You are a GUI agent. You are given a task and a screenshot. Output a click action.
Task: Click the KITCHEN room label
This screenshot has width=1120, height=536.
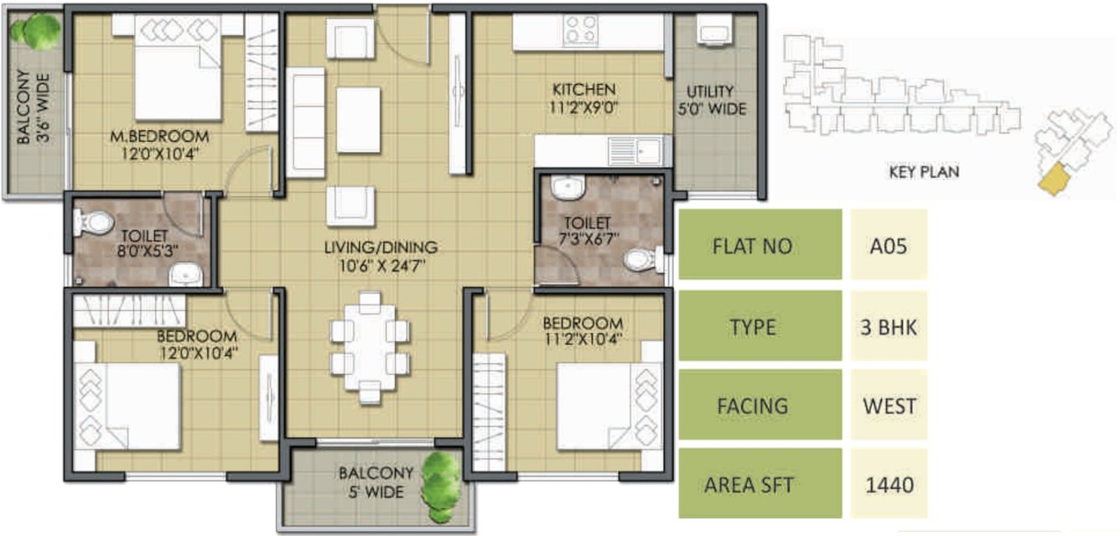pyautogui.click(x=583, y=89)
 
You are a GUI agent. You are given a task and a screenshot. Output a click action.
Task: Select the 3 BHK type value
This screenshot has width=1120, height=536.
pyautogui.click(x=889, y=326)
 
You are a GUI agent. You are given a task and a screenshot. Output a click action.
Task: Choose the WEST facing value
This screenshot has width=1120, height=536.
pyautogui.click(x=889, y=406)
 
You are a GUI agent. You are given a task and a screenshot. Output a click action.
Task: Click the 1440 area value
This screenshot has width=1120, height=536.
pyautogui.click(x=889, y=484)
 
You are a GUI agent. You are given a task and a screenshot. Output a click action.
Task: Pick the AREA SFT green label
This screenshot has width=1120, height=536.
pyautogui.click(x=760, y=484)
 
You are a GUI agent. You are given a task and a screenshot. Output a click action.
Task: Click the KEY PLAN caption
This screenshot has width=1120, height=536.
pyautogui.click(x=923, y=172)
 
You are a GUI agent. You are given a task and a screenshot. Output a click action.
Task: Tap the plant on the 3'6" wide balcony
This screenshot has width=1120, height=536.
pyautogui.click(x=35, y=31)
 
